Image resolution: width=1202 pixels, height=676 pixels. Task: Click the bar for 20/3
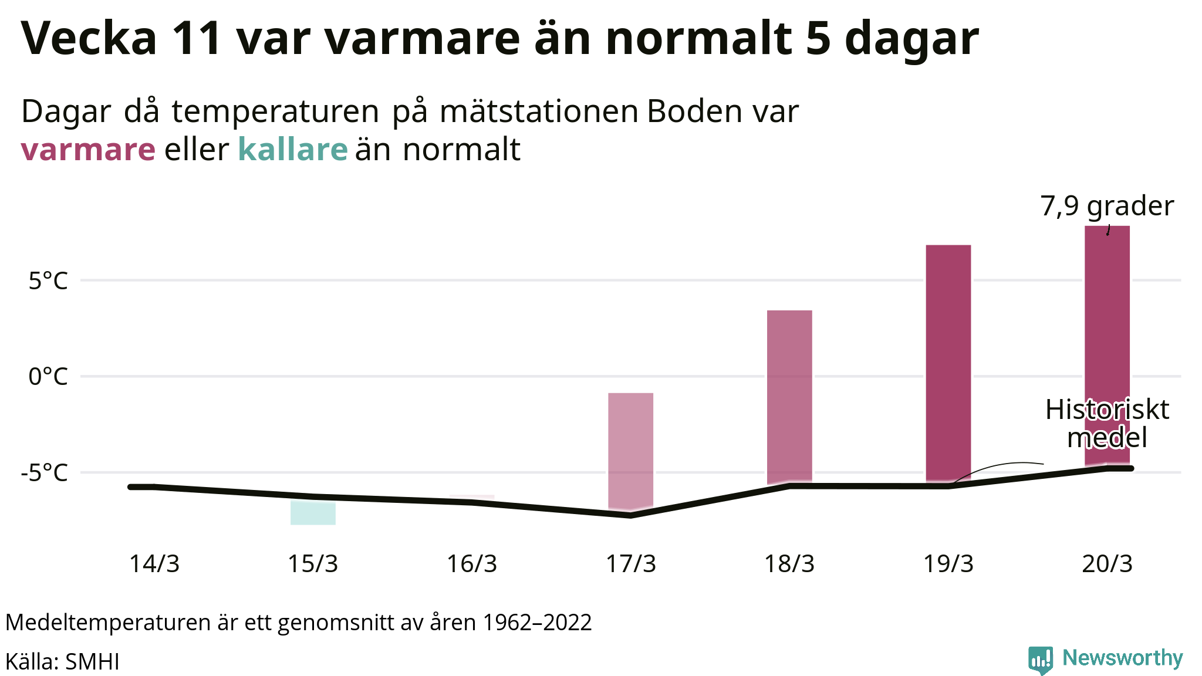1107,329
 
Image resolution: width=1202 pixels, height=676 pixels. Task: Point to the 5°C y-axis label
48,281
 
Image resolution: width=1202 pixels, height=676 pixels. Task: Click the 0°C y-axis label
48,377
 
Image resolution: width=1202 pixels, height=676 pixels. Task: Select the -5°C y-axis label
45,472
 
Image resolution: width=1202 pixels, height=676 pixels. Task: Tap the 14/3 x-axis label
154,564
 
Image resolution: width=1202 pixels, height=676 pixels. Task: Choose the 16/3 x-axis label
472,564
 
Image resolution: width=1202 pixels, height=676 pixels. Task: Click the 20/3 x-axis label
1107,564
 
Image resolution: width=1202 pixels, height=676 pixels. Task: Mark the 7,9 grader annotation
1107,206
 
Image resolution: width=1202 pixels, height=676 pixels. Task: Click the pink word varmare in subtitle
88,150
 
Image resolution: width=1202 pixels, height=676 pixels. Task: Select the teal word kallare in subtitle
293,150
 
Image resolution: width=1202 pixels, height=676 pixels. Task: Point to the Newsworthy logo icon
1040,660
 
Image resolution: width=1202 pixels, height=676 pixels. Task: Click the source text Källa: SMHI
62,662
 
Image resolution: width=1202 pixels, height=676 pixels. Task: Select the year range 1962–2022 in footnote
537,623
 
